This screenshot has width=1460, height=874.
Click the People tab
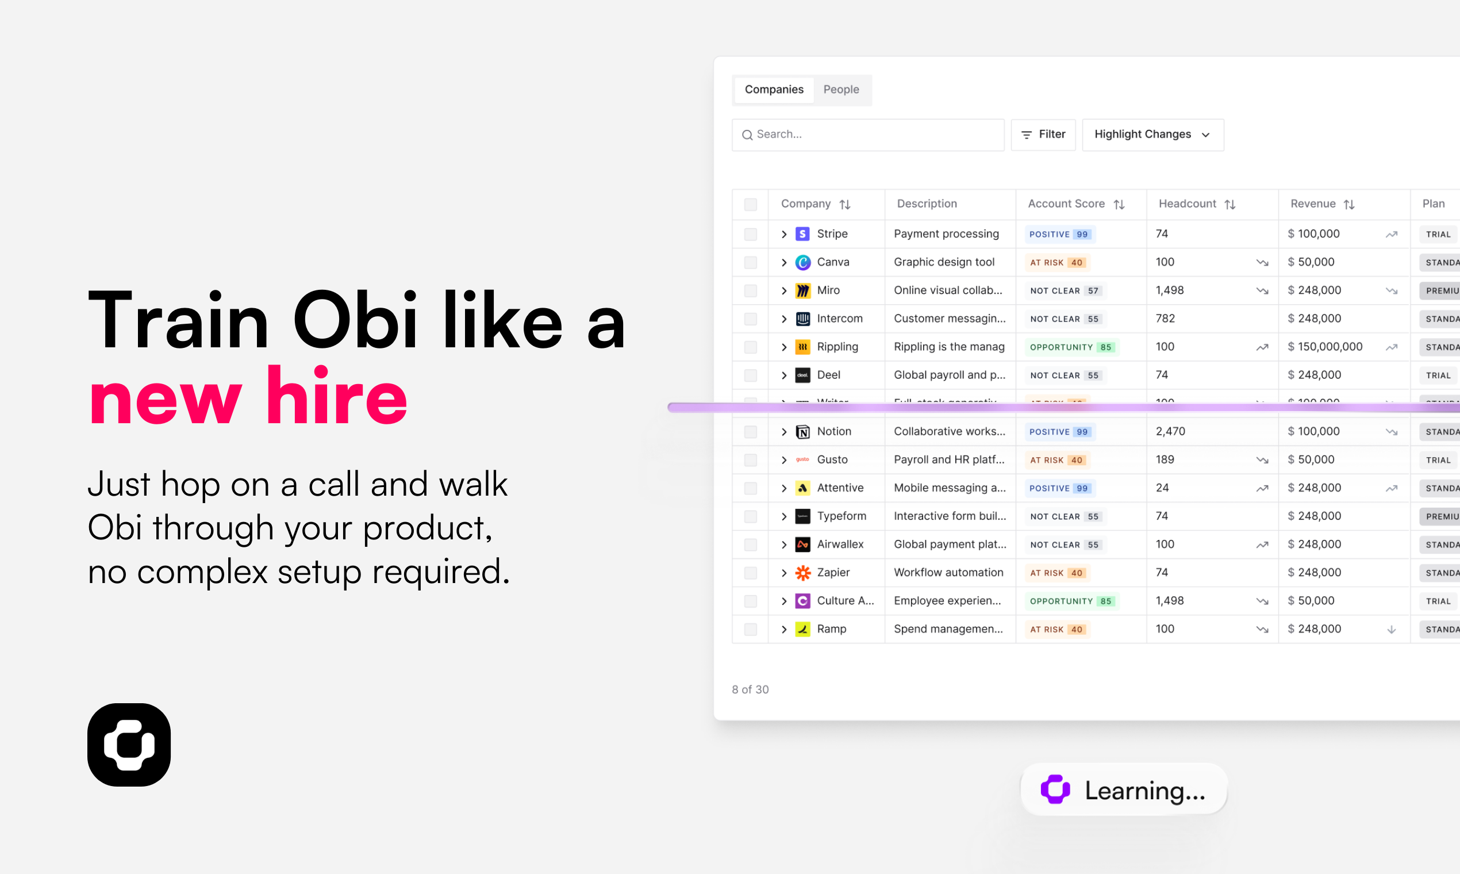tap(841, 90)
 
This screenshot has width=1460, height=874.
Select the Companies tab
tap(774, 90)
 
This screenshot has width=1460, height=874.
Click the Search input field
tap(868, 135)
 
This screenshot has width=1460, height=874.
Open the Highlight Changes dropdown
tap(1152, 135)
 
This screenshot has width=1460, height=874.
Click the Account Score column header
tap(1066, 204)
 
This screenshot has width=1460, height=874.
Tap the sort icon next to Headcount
tap(1230, 204)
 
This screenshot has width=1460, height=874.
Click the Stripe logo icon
tap(802, 234)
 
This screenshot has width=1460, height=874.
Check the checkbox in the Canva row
tap(750, 263)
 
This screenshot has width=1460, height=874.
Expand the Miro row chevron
tap(783, 290)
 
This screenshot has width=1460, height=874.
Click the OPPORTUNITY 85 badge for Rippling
tap(1070, 347)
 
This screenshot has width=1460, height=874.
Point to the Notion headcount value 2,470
tap(1170, 432)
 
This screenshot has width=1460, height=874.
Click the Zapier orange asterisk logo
tap(802, 573)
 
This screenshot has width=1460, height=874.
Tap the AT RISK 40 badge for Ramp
tap(1056, 629)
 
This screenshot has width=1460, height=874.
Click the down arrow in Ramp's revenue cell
tap(1391, 630)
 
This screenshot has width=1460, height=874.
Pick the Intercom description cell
tap(949, 319)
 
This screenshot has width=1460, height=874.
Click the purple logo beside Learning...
tap(1055, 789)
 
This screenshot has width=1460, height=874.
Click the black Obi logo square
tap(129, 745)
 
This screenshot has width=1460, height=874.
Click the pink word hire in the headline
tap(336, 397)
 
